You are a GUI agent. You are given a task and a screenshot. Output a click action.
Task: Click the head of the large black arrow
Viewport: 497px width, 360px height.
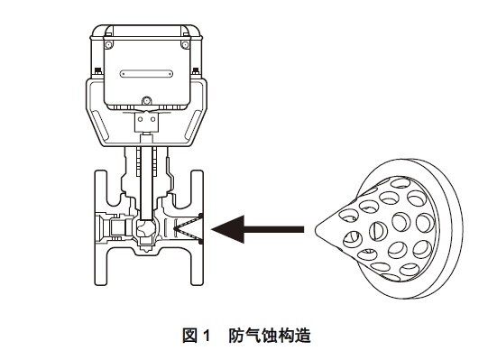pos(226,229)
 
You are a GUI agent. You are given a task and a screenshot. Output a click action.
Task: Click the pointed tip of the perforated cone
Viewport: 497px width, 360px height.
pos(316,230)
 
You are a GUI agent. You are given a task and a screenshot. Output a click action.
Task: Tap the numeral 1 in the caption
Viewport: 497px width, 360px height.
pos(206,336)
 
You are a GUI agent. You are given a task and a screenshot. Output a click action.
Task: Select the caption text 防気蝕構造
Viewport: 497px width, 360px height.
pos(270,336)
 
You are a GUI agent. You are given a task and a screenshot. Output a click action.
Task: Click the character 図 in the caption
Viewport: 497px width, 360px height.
pos(189,336)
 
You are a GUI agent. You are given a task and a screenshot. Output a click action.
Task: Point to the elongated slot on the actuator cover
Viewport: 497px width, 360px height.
pos(146,74)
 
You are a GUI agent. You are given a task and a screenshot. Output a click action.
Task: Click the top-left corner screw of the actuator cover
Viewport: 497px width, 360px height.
pos(108,45)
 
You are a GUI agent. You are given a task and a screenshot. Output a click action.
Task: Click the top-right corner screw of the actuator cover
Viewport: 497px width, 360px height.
pos(185,45)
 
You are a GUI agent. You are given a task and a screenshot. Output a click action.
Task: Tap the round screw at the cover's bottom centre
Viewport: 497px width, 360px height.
pos(146,101)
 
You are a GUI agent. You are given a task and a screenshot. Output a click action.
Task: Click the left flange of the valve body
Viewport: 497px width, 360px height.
pos(101,227)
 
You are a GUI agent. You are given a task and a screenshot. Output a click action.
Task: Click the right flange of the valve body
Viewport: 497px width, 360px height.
pos(197,227)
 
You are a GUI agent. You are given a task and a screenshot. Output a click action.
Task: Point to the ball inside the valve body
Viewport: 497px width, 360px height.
pos(144,228)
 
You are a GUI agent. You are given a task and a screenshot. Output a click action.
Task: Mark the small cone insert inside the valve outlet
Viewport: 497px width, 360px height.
pos(187,228)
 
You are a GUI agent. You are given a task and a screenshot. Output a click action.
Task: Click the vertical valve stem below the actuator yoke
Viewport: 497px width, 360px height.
pos(146,184)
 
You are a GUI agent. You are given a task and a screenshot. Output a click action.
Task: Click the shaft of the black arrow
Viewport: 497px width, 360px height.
pos(274,229)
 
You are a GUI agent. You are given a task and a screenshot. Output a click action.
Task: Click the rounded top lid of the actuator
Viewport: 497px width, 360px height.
pos(146,30)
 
